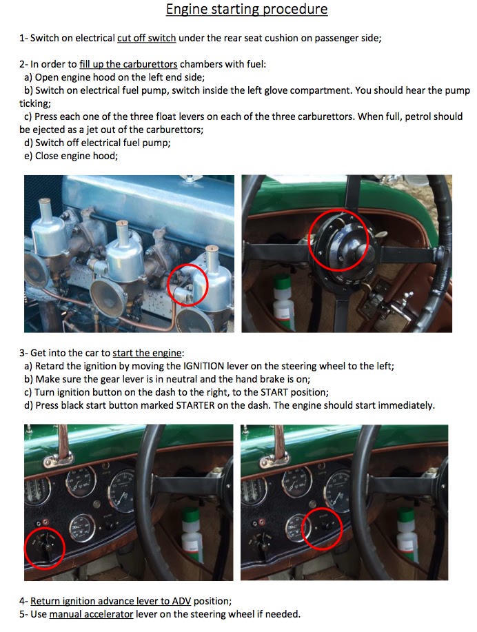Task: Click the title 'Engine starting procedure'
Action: click(x=246, y=9)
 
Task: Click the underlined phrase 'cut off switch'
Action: click(x=146, y=39)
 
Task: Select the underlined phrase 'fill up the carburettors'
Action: click(x=128, y=65)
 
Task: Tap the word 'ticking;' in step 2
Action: click(x=35, y=103)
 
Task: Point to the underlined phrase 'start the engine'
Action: click(x=147, y=353)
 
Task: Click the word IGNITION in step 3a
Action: click(x=203, y=366)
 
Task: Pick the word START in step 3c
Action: click(x=274, y=392)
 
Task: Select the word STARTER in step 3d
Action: click(x=196, y=405)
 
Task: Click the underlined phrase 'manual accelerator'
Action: click(x=91, y=614)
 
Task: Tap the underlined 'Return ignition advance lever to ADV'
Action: click(x=110, y=601)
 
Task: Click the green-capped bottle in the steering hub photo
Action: click(x=282, y=298)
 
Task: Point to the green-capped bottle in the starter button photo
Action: click(x=407, y=534)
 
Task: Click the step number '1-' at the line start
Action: click(x=23, y=39)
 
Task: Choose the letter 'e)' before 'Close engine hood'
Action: click(x=28, y=156)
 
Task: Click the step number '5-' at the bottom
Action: click(x=23, y=614)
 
